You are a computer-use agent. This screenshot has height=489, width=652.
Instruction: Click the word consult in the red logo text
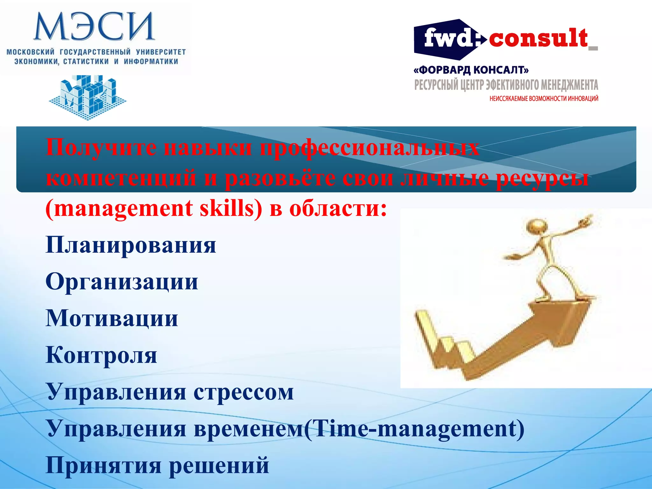[538, 38]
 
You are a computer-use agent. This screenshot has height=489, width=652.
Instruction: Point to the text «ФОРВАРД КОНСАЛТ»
[471, 70]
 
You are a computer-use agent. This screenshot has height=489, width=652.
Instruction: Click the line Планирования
[131, 245]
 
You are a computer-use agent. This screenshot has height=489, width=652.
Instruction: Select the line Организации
[122, 282]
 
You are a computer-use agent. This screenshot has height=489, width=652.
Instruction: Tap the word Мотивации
[112, 318]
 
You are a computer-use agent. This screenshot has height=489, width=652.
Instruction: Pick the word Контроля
[101, 355]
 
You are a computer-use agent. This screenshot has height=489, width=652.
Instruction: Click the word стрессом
[244, 392]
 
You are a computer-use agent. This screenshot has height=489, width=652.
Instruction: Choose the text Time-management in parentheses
[414, 429]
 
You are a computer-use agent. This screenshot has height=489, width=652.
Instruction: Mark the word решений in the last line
[219, 465]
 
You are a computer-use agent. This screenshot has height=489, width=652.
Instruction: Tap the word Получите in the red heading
[101, 147]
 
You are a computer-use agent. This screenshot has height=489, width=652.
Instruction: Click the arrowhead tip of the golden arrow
[592, 299]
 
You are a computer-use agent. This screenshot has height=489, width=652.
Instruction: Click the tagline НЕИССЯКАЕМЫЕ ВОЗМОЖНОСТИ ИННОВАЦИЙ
[544, 99]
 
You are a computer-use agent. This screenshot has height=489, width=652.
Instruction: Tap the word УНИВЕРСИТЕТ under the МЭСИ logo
[161, 52]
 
